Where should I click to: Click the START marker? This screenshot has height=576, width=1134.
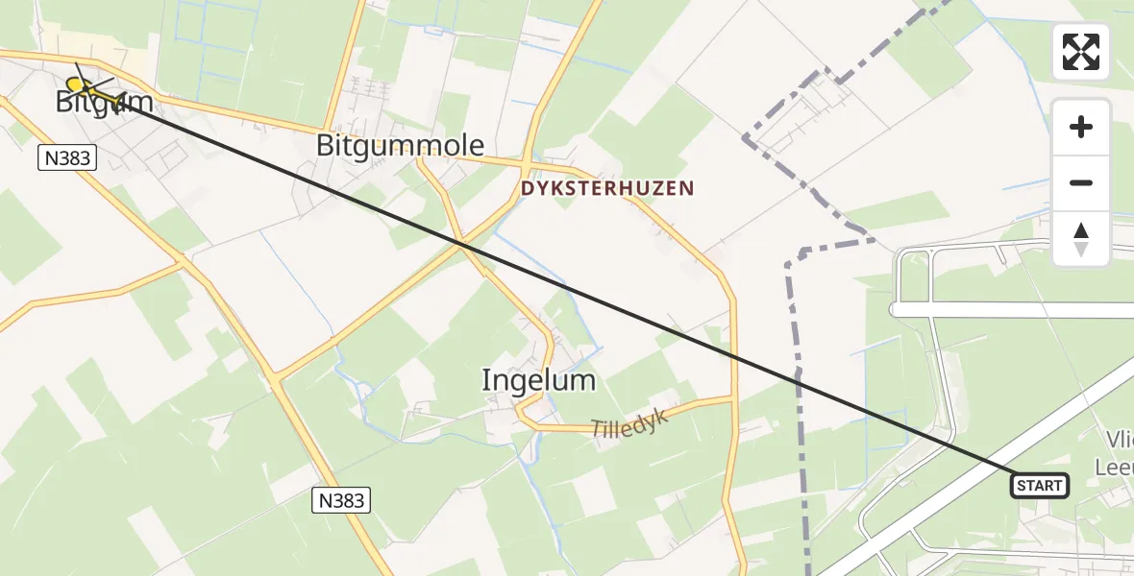pos(1040,486)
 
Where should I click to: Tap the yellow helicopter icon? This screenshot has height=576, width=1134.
pos(91,90)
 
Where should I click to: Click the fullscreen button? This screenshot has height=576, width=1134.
pos(1081,52)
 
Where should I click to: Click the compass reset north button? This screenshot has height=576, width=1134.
pos(1081,239)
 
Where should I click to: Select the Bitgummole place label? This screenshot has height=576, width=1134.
pos(400,146)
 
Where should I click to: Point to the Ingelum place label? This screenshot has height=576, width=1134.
pos(538,381)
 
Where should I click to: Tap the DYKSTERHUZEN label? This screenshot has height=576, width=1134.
pos(606,189)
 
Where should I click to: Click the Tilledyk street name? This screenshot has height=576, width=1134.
pos(628,420)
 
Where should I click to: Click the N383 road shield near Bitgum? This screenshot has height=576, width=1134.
pos(68,157)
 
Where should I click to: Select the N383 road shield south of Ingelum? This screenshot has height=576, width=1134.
pos(341,500)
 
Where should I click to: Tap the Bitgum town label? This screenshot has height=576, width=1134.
pos(91,102)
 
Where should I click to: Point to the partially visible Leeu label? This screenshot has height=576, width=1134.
pos(1114,467)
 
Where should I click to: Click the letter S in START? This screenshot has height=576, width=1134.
pos(1022,487)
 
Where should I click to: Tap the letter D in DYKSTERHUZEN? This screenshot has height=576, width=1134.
pos(527,189)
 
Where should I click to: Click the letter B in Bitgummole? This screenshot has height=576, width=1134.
pos(325,146)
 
